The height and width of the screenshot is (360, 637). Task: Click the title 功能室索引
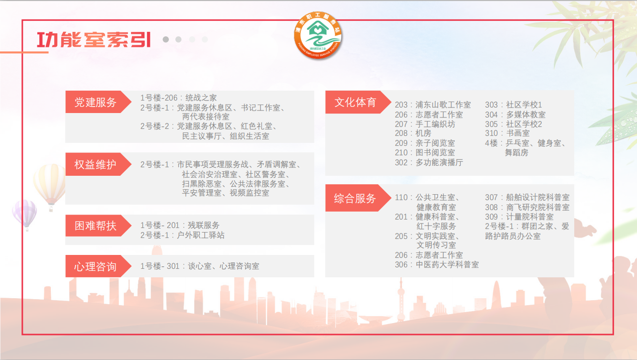pos(94,39)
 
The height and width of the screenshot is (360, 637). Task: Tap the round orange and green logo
pos(318,35)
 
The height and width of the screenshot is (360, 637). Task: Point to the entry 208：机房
pos(413,133)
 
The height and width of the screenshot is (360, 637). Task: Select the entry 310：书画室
pos(508,133)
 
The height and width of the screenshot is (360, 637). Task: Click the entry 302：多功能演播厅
pos(429,162)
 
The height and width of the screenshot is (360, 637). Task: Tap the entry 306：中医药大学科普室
pos(437,265)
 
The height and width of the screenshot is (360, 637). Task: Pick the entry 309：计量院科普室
pos(519,217)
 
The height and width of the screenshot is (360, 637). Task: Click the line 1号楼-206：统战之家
pos(178,98)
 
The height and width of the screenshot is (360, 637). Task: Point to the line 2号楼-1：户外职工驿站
pos(182,235)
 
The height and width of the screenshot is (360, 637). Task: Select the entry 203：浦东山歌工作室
pos(433,105)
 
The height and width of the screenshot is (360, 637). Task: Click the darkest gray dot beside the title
pos(166,39)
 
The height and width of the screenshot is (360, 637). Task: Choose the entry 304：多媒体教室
pos(515,115)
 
